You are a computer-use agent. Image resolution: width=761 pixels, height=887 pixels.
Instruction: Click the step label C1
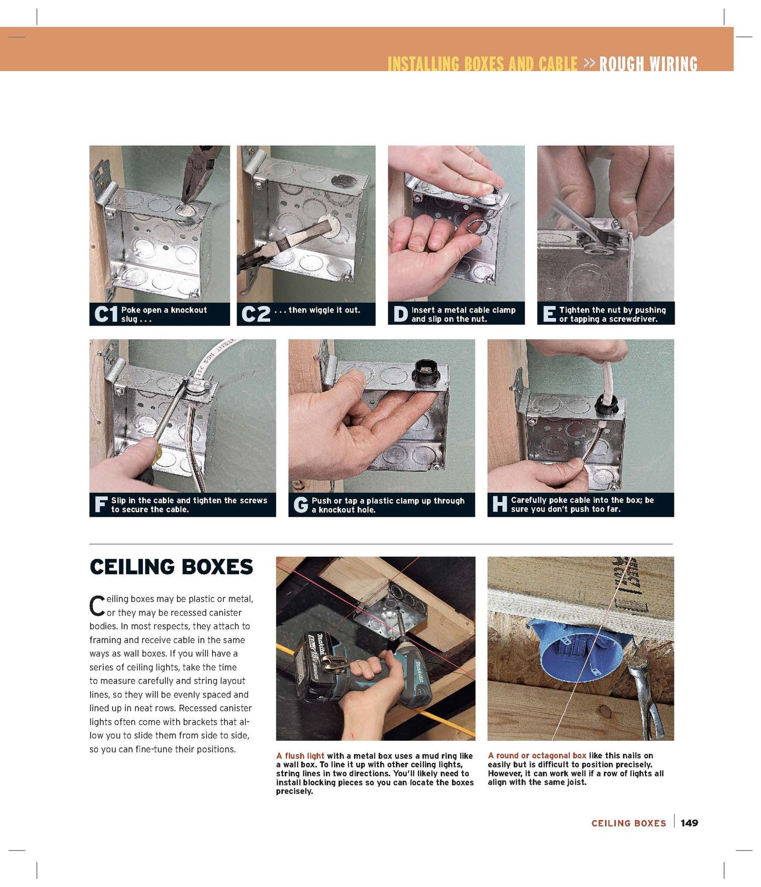click(x=105, y=314)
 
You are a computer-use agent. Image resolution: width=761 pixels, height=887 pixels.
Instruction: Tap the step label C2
click(x=255, y=314)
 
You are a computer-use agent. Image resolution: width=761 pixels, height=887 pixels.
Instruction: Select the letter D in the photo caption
click(x=400, y=314)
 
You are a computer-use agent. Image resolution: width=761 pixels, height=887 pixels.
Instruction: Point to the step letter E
click(x=549, y=314)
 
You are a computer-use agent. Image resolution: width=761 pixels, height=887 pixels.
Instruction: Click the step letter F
click(x=101, y=504)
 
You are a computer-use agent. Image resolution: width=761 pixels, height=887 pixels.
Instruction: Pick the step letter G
click(x=301, y=505)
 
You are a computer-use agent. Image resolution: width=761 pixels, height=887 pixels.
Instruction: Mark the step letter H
click(x=499, y=504)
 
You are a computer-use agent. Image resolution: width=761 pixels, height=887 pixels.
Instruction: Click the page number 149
click(x=689, y=823)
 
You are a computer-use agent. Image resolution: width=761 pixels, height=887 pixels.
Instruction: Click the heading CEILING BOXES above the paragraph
click(x=171, y=567)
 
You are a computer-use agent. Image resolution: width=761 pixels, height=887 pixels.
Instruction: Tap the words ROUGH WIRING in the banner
click(x=648, y=64)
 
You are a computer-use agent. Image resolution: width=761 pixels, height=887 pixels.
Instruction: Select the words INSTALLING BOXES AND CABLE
click(x=482, y=64)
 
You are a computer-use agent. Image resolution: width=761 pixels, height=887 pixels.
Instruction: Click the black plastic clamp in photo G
click(x=429, y=373)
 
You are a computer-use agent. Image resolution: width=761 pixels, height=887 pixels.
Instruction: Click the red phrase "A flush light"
click(x=300, y=756)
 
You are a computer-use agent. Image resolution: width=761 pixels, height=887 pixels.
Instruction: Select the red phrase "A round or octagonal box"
click(x=537, y=755)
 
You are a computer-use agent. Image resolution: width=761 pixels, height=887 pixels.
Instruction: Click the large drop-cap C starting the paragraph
click(x=97, y=606)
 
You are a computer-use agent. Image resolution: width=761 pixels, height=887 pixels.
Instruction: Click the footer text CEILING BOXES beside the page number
click(x=629, y=823)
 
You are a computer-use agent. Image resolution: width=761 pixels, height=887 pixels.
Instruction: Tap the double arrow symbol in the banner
click(x=589, y=63)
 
